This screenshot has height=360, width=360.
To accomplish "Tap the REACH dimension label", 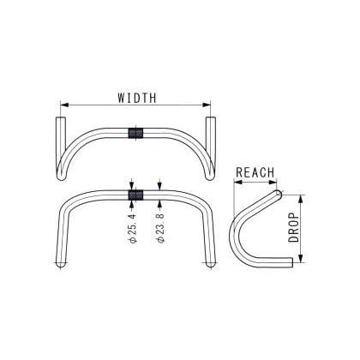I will (x=254, y=171).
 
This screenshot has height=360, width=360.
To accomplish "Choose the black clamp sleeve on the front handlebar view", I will (x=135, y=195).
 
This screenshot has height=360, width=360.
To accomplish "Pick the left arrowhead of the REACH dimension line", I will (x=237, y=182).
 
